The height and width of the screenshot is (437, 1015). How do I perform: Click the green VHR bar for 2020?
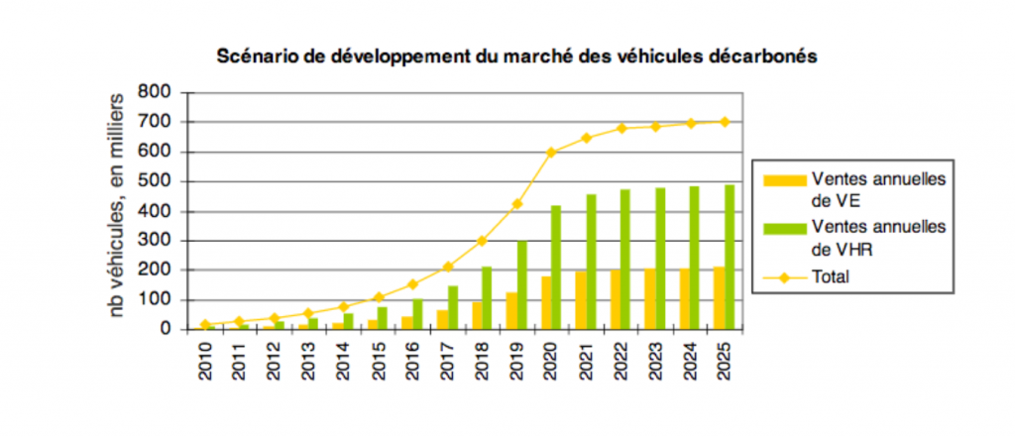tap(557, 267)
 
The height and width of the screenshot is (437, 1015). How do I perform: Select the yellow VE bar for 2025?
tap(719, 297)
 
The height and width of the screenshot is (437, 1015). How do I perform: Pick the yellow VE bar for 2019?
tap(511, 310)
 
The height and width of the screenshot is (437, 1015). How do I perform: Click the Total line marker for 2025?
tap(725, 122)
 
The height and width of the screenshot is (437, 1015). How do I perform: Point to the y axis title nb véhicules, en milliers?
tap(116, 204)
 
